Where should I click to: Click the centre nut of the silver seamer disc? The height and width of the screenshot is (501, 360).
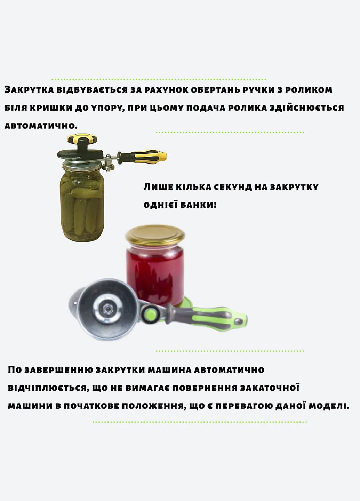tap(106, 309)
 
